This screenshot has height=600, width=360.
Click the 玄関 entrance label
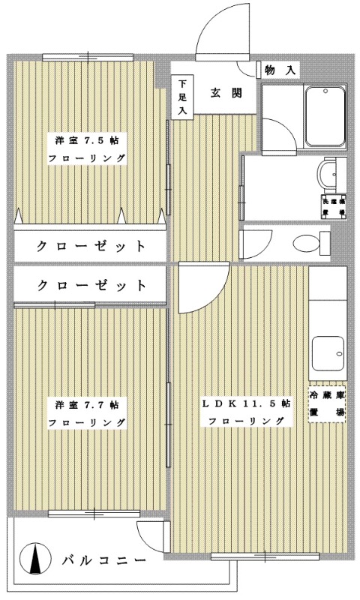225,94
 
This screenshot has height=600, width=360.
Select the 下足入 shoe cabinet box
181,97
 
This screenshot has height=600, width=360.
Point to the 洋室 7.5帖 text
87,139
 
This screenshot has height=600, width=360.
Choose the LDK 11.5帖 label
246,403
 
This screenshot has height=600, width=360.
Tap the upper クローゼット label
90,246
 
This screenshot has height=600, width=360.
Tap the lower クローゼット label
90,286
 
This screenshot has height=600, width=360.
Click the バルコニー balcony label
102,559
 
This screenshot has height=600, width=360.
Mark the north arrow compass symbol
34,559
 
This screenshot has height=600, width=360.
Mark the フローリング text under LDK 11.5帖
246,421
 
